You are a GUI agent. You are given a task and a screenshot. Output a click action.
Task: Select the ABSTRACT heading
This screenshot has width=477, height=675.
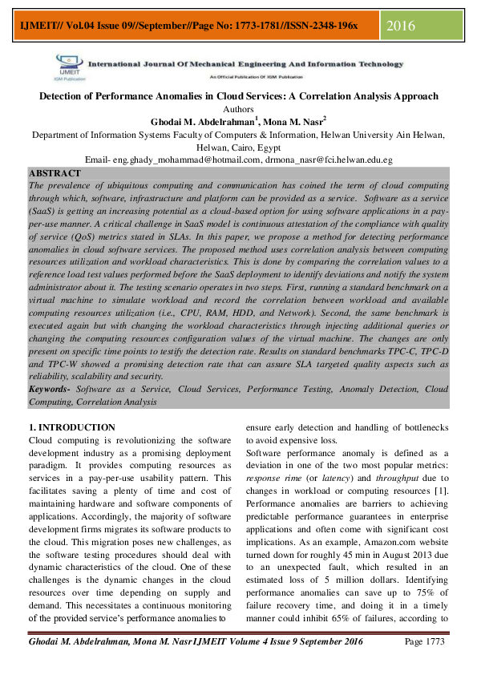[55, 173]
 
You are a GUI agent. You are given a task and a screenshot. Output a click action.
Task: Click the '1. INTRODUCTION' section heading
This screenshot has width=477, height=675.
[71, 427]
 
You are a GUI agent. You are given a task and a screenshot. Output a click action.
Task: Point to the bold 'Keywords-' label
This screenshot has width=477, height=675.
[50, 388]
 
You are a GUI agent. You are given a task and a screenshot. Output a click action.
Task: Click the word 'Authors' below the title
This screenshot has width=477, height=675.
[238, 108]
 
